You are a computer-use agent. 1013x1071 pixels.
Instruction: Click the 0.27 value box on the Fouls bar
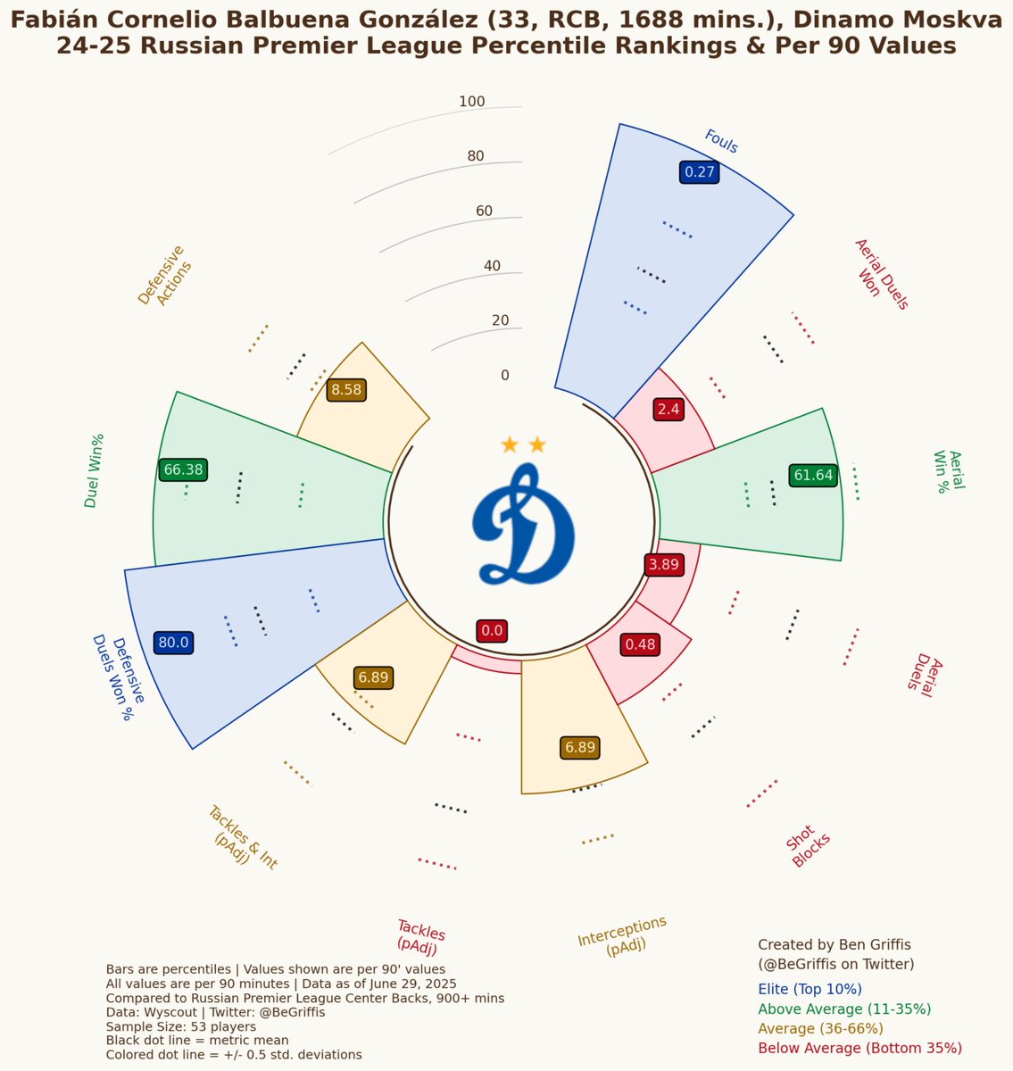(x=699, y=172)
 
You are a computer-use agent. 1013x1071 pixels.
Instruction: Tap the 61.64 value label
(x=813, y=475)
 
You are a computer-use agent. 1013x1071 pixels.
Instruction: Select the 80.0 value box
(x=173, y=642)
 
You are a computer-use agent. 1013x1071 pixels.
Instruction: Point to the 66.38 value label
(x=183, y=469)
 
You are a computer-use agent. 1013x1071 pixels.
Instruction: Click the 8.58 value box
(x=346, y=389)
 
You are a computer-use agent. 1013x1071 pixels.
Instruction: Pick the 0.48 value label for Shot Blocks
(x=639, y=643)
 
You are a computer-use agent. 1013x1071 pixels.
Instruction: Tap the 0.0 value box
(x=492, y=631)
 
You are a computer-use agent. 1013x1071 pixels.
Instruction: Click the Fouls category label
(x=721, y=141)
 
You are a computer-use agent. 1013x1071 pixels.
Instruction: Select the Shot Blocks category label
(x=810, y=851)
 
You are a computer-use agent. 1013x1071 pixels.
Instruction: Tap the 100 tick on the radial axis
(x=472, y=102)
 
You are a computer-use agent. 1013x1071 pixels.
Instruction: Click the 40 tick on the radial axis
(x=492, y=266)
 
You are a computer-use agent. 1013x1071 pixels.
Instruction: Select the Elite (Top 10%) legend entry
(x=810, y=989)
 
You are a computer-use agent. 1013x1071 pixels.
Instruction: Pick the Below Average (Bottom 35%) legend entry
(x=859, y=1048)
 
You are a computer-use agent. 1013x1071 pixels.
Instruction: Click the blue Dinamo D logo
(x=524, y=528)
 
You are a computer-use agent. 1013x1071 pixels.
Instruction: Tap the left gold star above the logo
(x=510, y=444)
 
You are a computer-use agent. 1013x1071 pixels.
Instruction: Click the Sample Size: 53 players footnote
(x=180, y=1026)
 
